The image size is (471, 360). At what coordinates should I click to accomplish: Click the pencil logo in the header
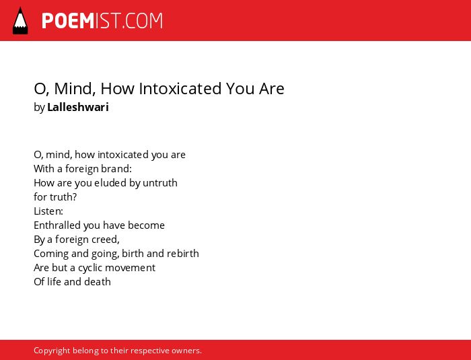click(20, 21)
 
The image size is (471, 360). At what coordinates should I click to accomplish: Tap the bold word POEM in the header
click(68, 21)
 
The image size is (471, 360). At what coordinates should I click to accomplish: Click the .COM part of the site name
click(142, 21)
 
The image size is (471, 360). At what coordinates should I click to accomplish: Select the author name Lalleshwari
click(78, 107)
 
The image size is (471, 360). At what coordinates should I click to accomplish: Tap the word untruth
click(160, 183)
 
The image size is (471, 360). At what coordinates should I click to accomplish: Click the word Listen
click(48, 211)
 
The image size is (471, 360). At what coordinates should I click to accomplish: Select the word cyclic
click(90, 268)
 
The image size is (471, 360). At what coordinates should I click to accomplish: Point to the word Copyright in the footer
click(52, 351)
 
